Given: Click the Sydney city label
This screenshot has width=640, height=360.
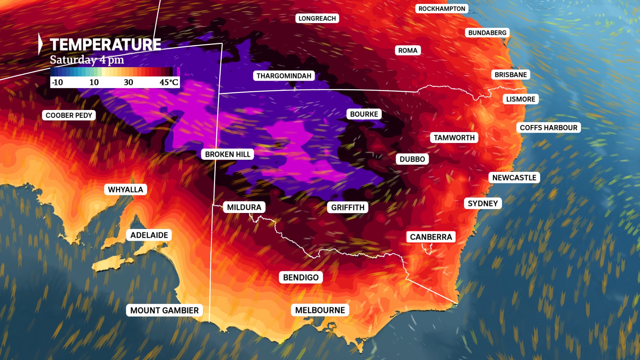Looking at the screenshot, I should [x=483, y=203].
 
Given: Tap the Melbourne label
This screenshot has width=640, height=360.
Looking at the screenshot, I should [x=320, y=310].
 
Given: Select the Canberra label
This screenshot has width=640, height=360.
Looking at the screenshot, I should [x=431, y=237].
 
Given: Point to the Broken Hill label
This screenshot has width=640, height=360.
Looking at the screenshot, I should [x=227, y=154].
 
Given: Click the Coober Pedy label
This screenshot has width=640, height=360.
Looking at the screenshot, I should [x=69, y=115].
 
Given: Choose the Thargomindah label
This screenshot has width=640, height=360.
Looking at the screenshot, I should [x=284, y=76].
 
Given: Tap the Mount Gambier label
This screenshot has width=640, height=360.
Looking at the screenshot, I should [x=164, y=310].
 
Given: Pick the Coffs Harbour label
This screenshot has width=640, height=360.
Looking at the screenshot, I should [x=548, y=128].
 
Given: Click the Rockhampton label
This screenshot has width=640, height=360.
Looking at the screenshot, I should [x=442, y=9].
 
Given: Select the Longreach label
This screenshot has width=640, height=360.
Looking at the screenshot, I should [x=317, y=18].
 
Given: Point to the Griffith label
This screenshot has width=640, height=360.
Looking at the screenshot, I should [x=348, y=207].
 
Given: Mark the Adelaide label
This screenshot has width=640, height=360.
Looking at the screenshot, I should [x=149, y=235].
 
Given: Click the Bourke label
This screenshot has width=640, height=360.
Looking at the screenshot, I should [x=364, y=114].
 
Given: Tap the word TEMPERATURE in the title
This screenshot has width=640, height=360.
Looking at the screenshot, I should [x=105, y=45].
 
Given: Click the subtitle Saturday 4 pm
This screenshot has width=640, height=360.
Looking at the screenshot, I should [x=87, y=60].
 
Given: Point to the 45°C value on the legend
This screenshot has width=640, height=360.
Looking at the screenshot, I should [x=169, y=82].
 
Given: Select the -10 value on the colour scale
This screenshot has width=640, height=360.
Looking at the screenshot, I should [x=57, y=82].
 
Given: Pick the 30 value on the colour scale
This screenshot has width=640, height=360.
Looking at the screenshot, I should [x=128, y=82].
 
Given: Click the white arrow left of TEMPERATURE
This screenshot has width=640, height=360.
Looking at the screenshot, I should [x=40, y=44].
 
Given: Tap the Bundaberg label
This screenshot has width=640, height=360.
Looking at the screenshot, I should [x=487, y=33].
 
